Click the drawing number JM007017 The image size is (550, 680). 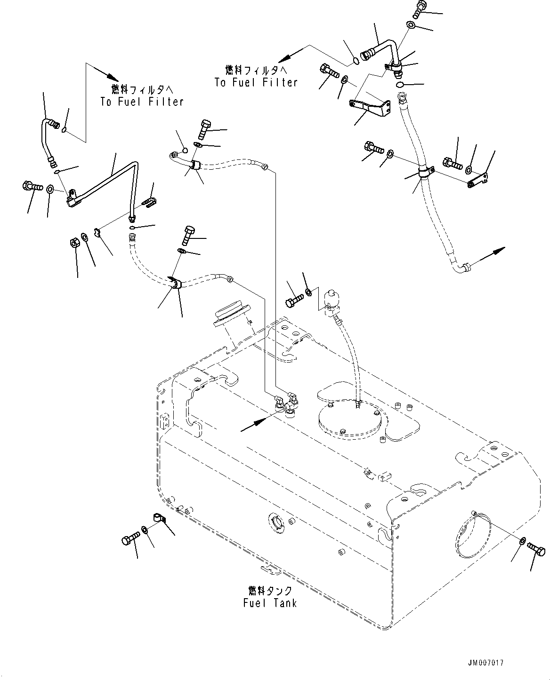485,663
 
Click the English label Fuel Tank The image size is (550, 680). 270,603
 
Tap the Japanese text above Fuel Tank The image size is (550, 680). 270,591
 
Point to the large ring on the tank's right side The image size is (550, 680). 473,538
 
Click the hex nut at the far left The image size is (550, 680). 75,243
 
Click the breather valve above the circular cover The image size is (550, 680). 332,302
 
